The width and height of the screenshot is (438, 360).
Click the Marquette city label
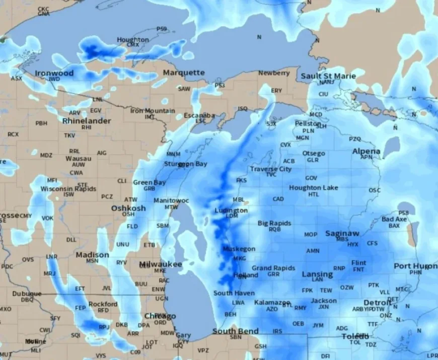point(184,73)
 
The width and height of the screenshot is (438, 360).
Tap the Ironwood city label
point(54,73)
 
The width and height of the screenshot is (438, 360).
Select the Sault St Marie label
point(328,76)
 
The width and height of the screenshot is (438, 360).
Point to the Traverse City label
point(271,169)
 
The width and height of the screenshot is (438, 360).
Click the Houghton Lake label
point(314,188)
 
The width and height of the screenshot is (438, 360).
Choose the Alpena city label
point(366,151)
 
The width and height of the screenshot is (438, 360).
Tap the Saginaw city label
point(342,233)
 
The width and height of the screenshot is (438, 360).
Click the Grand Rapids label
point(273,268)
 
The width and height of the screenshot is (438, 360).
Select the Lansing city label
point(317,274)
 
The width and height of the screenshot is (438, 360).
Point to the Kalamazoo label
point(272,302)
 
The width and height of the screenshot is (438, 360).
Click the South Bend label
point(235,331)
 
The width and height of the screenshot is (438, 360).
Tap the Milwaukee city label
point(161,264)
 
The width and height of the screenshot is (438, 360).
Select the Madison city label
point(92,255)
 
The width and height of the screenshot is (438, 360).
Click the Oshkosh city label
point(128,208)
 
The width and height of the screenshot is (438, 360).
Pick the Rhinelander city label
point(87,121)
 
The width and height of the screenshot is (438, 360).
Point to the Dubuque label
point(27,294)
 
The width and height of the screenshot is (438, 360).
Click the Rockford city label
point(103,304)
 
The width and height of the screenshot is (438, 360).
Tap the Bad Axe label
point(394,219)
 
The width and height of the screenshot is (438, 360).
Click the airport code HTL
point(314,194)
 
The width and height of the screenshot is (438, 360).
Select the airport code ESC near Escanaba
point(200,121)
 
